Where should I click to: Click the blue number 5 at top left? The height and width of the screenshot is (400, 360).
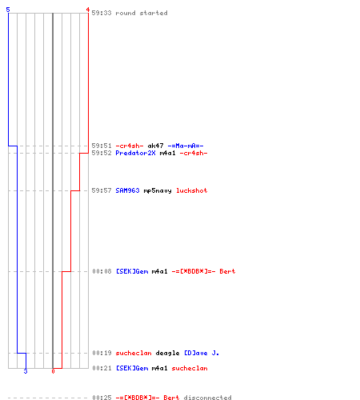(x=8, y=10)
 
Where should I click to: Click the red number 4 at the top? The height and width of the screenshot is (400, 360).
(x=87, y=10)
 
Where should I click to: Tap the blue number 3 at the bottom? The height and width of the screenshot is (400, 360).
(x=26, y=371)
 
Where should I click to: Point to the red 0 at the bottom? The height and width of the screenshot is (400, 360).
(x=53, y=371)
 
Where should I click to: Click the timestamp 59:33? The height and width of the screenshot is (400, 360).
(x=102, y=13)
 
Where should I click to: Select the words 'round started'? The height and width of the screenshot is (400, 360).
(x=142, y=13)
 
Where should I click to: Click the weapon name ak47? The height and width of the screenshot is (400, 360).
(x=155, y=146)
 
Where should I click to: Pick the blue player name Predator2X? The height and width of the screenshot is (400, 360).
(x=135, y=153)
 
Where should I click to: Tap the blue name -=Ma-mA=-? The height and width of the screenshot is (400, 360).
(x=186, y=146)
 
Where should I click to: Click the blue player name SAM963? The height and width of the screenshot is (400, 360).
(x=127, y=190)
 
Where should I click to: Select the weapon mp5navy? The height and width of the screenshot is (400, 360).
(x=158, y=190)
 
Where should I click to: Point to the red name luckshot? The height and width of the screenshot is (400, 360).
(x=192, y=190)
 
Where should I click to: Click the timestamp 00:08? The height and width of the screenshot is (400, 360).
(x=102, y=271)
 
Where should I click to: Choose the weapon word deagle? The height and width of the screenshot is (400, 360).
(x=167, y=353)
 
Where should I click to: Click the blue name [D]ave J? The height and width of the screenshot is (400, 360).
(x=202, y=353)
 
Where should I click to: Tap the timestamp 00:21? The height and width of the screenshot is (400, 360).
(x=102, y=368)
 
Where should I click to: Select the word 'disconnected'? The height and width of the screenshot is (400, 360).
(x=207, y=398)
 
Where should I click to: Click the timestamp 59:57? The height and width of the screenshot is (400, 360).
(x=102, y=190)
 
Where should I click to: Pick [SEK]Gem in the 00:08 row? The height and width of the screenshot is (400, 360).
(x=132, y=271)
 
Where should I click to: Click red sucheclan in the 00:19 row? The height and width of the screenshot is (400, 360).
(x=134, y=353)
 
